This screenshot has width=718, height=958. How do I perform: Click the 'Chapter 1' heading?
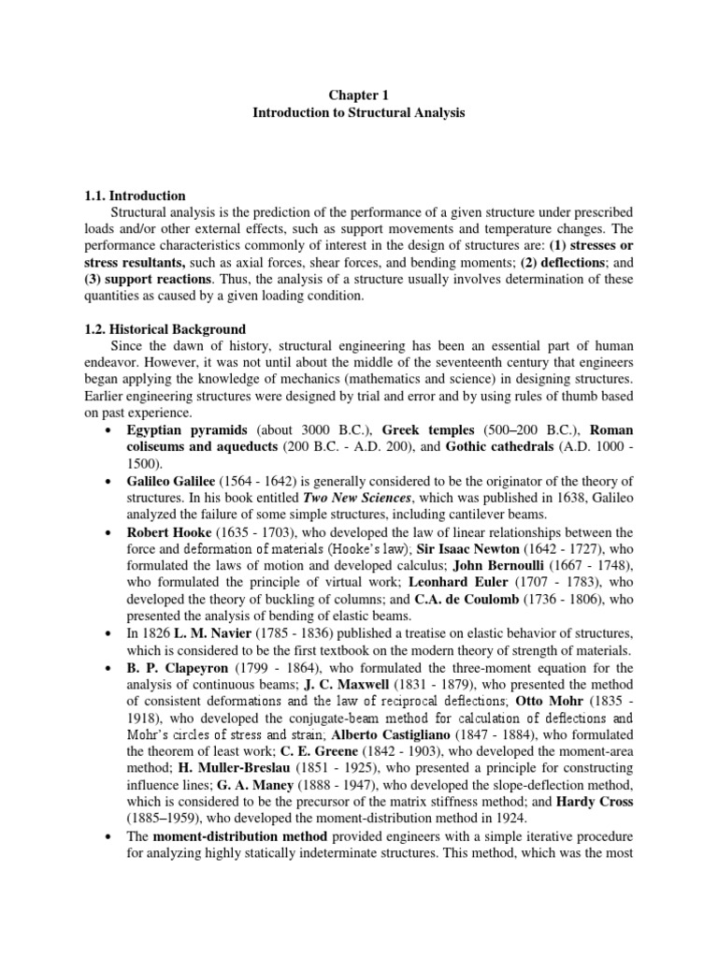358,94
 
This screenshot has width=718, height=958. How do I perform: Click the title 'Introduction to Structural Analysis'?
358,112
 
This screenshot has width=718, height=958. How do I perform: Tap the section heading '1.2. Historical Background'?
165,329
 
